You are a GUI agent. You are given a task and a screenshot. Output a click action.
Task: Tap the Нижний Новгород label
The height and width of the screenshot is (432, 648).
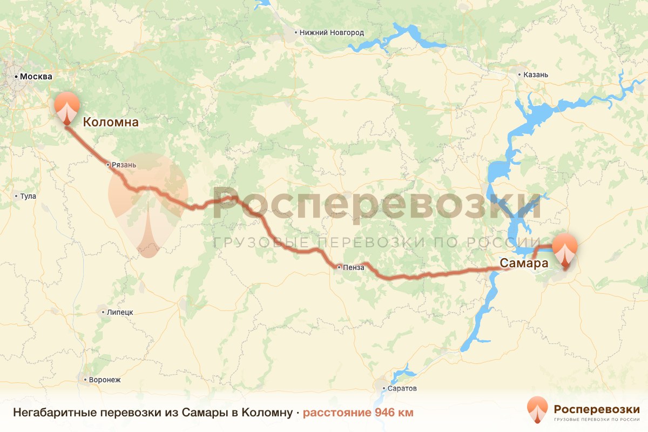click(x=332, y=33)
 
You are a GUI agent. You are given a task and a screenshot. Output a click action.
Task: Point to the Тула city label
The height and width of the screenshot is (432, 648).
click(x=28, y=196)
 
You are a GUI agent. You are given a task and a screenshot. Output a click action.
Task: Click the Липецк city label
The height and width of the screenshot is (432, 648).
click(x=120, y=312)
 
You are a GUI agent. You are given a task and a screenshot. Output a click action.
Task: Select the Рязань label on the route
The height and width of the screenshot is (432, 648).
click(x=124, y=165)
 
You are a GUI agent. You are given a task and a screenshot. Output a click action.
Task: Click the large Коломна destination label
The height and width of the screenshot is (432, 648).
click(x=110, y=123)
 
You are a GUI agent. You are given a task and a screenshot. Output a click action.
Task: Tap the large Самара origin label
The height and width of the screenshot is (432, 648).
click(x=524, y=264)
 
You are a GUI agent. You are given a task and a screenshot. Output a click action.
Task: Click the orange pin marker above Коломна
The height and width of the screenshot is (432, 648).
click(x=67, y=106)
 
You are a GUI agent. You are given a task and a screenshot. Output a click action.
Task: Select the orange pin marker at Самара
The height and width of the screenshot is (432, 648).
click(x=565, y=248)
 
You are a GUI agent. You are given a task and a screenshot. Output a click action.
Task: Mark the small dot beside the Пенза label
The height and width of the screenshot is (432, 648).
click(x=339, y=267)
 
